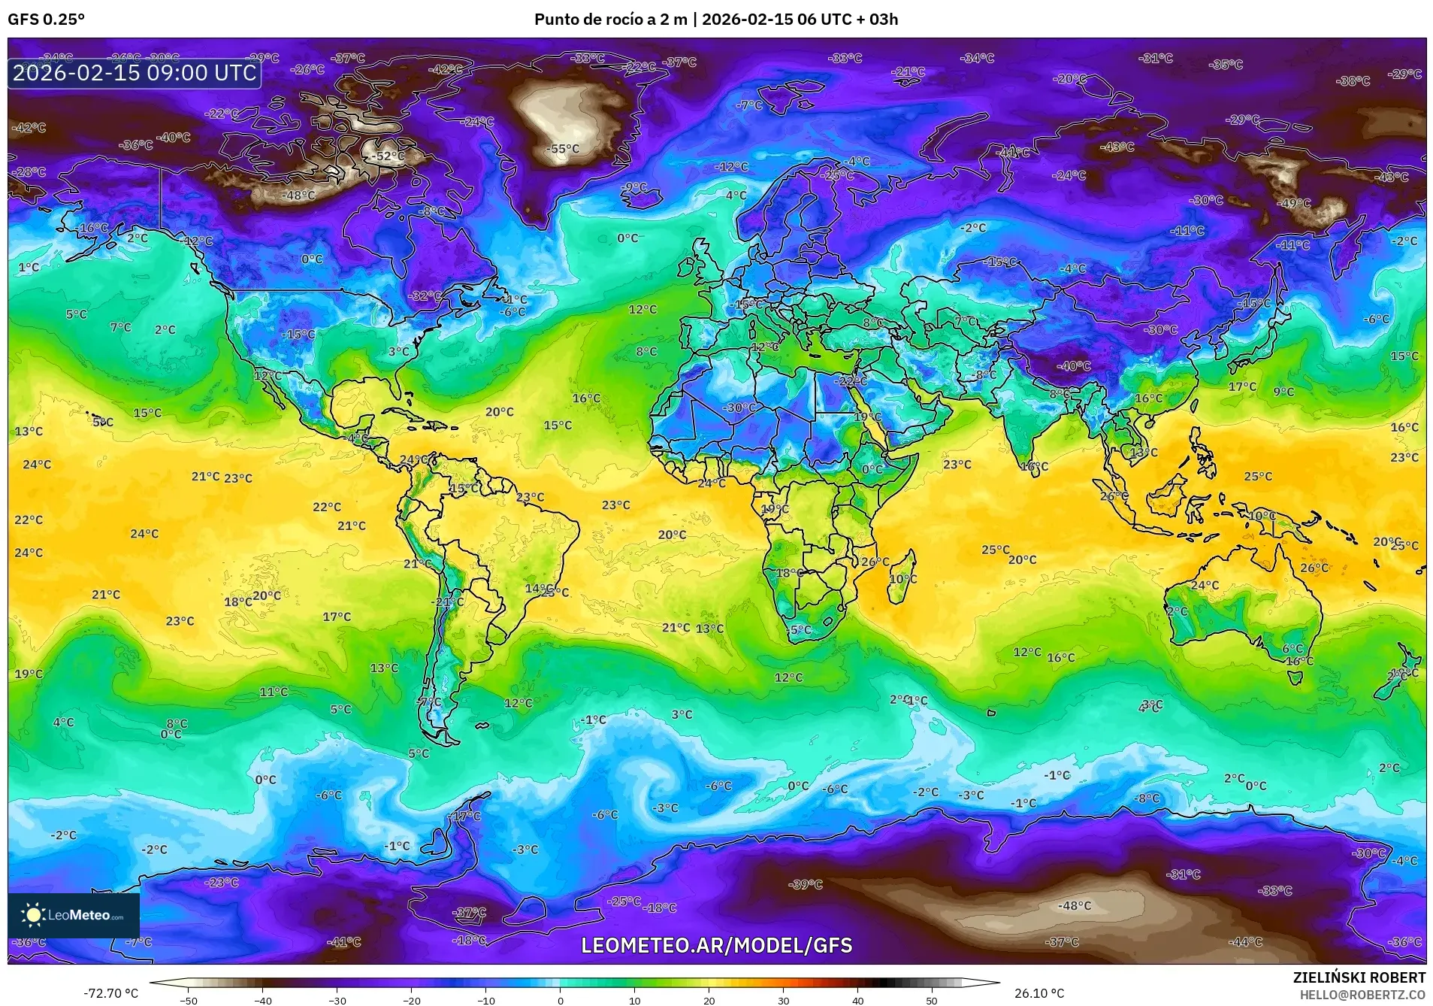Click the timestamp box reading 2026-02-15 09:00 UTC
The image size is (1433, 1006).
click(x=135, y=73)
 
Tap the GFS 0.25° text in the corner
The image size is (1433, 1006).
click(x=46, y=20)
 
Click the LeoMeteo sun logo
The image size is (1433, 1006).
click(x=33, y=914)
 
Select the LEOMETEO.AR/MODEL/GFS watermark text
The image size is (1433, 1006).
click(x=717, y=945)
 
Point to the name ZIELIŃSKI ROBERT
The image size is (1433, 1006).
click(x=1359, y=977)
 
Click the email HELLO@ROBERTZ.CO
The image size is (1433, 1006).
click(x=1362, y=994)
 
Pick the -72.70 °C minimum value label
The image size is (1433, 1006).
click(x=111, y=993)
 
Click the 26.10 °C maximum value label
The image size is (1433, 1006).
click(x=1039, y=993)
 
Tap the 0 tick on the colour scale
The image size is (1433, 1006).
click(x=561, y=1000)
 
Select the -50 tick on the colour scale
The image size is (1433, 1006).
click(x=189, y=1000)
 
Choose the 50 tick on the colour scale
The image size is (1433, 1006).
click(x=932, y=1000)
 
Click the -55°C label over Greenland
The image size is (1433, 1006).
click(x=564, y=149)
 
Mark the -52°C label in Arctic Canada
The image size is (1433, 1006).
click(x=389, y=156)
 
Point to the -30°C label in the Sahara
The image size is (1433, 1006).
click(x=739, y=408)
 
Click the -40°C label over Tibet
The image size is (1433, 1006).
click(x=1074, y=366)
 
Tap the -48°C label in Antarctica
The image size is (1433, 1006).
click(x=1074, y=905)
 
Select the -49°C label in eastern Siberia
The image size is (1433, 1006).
click(x=1295, y=203)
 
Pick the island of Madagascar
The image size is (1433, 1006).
click(x=904, y=576)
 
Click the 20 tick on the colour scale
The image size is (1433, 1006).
click(x=709, y=1000)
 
